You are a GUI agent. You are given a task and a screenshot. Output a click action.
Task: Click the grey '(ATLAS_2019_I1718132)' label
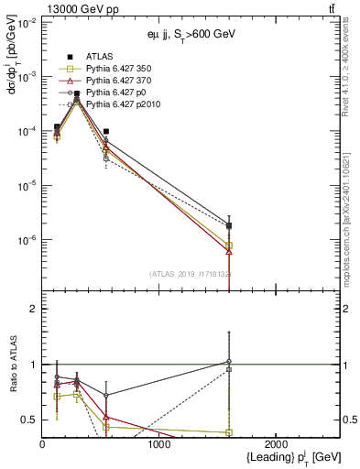(191, 273)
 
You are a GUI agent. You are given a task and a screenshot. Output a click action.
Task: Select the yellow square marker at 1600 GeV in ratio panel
(229, 432)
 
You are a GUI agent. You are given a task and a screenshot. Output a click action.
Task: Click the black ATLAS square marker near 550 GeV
(106, 132)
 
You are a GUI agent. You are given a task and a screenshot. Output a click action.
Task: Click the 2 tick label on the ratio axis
(33, 309)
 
